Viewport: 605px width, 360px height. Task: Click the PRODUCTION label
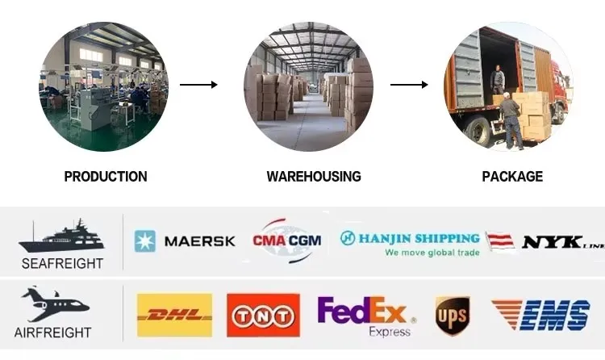(106, 176)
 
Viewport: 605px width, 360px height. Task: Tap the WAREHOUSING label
(314, 176)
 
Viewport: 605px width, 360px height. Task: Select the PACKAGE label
(512, 176)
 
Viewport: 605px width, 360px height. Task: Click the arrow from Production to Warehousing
(198, 84)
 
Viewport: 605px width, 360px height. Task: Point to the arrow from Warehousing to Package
(409, 84)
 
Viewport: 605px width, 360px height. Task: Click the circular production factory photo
(105, 87)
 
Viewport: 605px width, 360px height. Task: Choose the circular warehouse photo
(309, 87)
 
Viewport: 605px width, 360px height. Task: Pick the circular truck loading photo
(508, 87)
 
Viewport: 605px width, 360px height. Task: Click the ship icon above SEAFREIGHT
(61, 237)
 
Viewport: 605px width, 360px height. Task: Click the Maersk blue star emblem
(145, 241)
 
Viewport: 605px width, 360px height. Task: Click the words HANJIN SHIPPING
(419, 238)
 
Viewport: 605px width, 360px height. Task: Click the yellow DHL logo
(174, 315)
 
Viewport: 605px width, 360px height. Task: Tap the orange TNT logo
(263, 315)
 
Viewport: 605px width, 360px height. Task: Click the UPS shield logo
(453, 315)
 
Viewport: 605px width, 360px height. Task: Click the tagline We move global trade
(432, 253)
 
